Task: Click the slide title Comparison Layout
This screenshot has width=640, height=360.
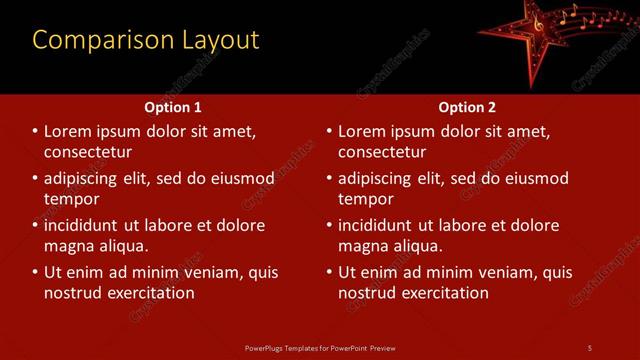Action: (146, 40)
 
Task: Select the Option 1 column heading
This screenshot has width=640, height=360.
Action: (173, 107)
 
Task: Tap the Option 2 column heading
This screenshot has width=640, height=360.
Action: (467, 107)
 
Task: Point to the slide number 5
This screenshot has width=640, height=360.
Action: (589, 347)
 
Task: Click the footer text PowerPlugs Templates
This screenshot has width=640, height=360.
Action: (319, 347)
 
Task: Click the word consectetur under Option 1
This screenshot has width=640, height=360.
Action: (89, 152)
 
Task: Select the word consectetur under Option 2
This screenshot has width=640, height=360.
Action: (383, 152)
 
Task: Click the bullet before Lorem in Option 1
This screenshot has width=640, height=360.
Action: (35, 132)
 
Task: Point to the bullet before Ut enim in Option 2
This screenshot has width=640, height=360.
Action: (329, 272)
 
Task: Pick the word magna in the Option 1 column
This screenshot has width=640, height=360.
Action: (69, 246)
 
